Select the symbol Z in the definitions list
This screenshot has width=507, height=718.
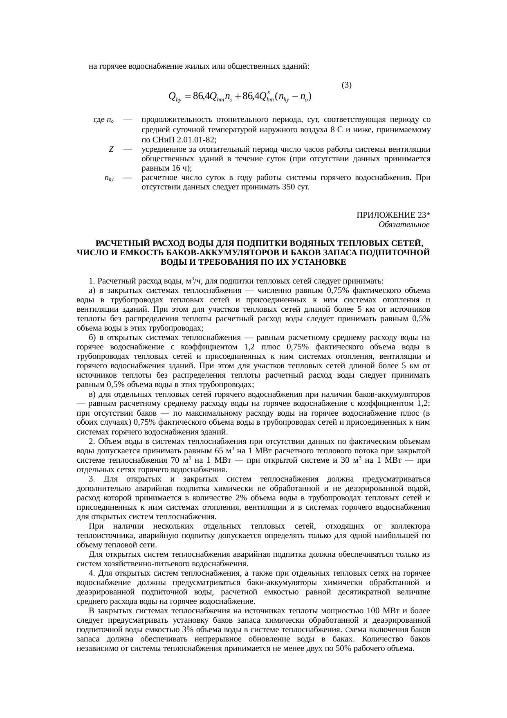click(x=111, y=149)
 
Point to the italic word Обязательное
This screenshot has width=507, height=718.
click(x=404, y=225)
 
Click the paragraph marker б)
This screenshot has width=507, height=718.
click(x=92, y=338)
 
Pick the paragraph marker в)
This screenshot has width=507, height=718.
click(x=92, y=394)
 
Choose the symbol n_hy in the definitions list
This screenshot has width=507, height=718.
click(x=109, y=178)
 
